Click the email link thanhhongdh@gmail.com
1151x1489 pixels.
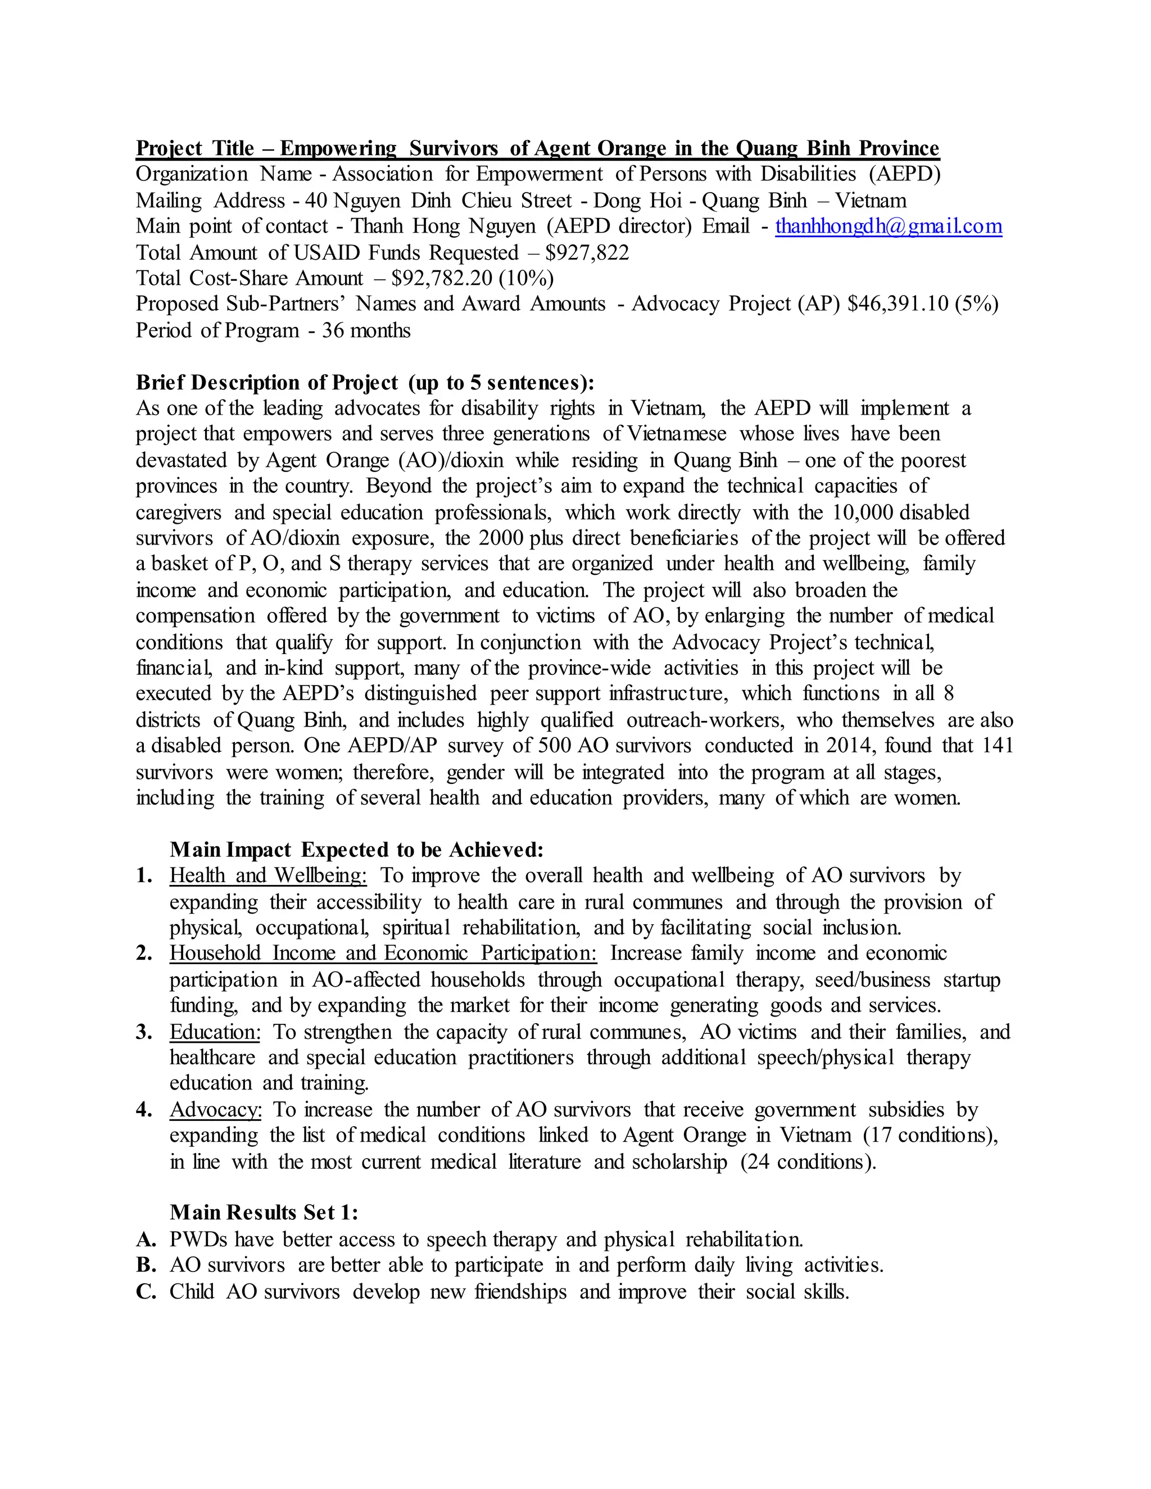point(888,226)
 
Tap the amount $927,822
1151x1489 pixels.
point(587,253)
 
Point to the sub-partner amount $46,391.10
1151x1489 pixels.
point(898,304)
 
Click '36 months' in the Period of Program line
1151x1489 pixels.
point(366,330)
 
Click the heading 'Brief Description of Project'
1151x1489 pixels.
point(266,383)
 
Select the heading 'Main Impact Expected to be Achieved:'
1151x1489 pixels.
point(357,850)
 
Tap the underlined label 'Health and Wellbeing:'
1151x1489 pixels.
point(268,876)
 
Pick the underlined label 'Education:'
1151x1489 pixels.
point(215,1032)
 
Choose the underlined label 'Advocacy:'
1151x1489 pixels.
point(215,1110)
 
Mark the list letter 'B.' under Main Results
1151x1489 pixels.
point(146,1265)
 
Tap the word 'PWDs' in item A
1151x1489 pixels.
point(198,1240)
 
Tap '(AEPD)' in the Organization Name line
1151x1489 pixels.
point(904,175)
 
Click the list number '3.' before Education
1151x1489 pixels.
point(144,1032)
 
